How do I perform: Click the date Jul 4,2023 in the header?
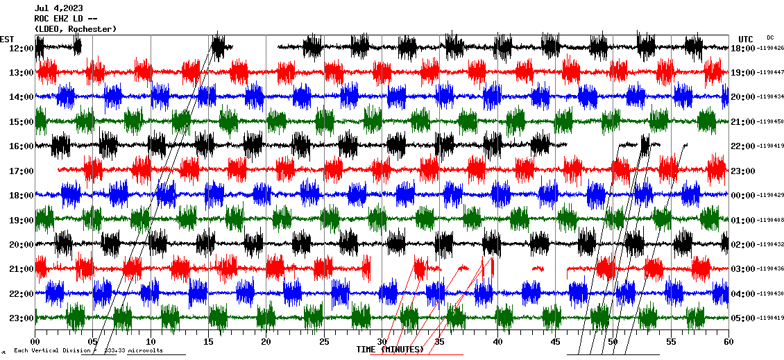62,8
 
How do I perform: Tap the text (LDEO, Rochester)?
76,29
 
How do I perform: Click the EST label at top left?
8,38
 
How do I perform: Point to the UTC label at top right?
746,39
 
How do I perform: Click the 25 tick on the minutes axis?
324,342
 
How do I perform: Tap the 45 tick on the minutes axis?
555,342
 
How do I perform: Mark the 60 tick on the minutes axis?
728,342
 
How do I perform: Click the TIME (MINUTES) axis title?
390,350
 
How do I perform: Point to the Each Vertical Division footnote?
88,350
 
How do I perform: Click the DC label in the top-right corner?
770,37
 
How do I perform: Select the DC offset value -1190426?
771,49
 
